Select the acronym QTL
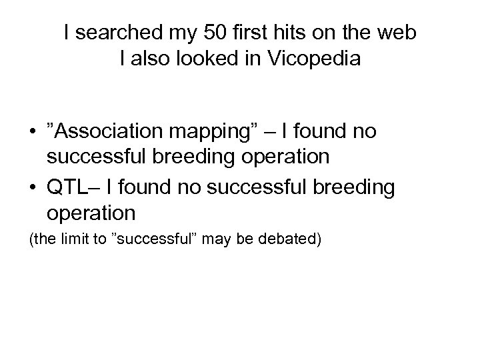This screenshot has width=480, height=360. (x=64, y=187)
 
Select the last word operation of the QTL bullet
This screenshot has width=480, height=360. (x=91, y=213)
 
